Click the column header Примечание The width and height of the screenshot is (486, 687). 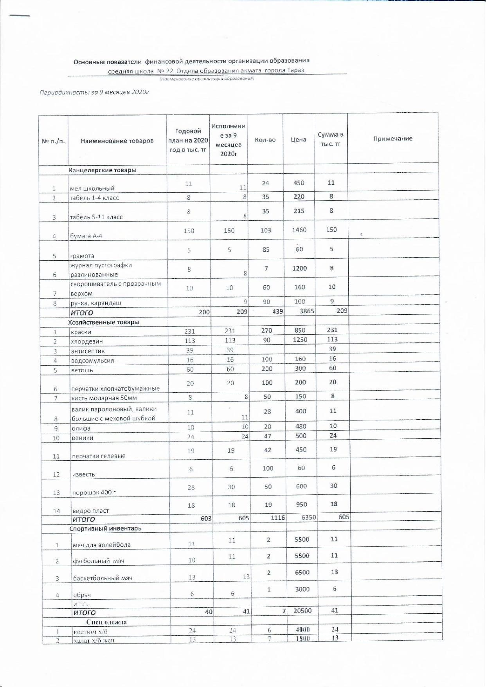(392, 139)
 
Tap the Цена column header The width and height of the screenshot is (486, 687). (299, 139)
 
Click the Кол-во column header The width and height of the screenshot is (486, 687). (265, 140)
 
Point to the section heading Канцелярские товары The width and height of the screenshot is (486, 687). (103, 170)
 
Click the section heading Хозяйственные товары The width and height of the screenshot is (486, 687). (104, 322)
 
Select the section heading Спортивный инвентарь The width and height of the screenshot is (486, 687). (105, 528)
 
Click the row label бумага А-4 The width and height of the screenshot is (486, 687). (86, 236)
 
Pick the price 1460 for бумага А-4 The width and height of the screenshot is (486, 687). (299, 230)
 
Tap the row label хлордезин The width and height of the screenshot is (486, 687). (86, 341)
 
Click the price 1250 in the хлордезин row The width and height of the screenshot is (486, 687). (300, 340)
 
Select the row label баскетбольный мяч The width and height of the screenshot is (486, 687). (103, 578)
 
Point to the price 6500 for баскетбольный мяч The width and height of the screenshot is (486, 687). (302, 572)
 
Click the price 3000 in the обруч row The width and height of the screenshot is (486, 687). (302, 589)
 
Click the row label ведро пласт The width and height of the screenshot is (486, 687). (90, 511)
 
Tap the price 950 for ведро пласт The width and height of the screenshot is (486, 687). (301, 504)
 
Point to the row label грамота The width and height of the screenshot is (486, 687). (82, 256)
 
